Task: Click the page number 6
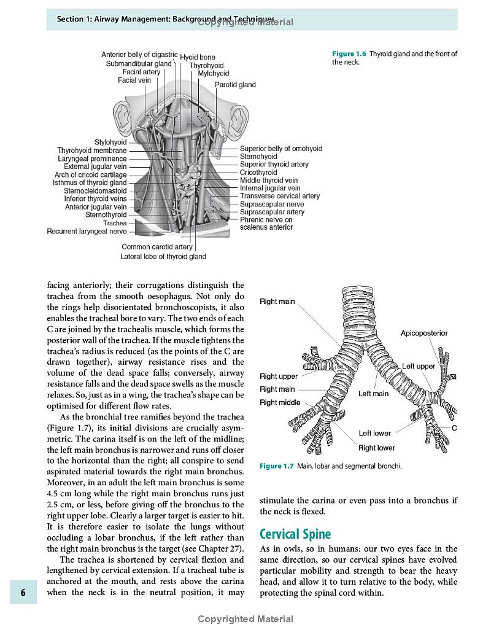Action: click(x=23, y=593)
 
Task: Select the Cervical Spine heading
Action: click(x=295, y=534)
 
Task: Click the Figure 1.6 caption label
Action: click(x=349, y=54)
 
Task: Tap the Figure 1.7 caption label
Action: click(x=277, y=466)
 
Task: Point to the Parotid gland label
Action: click(x=235, y=85)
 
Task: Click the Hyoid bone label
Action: click(x=198, y=58)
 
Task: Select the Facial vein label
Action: click(x=134, y=80)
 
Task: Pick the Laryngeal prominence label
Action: click(x=92, y=158)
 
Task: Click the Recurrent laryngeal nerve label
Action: click(x=87, y=232)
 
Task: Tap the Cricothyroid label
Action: click(x=258, y=173)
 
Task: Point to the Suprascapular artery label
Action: click(x=272, y=212)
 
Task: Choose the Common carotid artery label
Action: click(x=157, y=247)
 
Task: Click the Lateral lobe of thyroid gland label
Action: click(x=163, y=256)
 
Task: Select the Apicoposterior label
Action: click(x=424, y=334)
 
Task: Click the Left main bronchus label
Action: click(x=373, y=394)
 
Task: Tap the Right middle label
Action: click(x=280, y=403)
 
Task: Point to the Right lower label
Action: click(x=377, y=448)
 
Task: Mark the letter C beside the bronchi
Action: click(x=454, y=428)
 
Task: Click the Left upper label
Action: click(x=419, y=367)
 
